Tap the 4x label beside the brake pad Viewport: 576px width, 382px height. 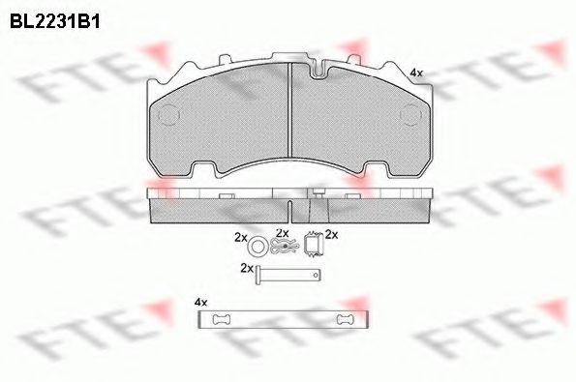(416, 73)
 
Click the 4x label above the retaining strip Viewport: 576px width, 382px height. (200, 302)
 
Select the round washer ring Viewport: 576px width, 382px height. (258, 245)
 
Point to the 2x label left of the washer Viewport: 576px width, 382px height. (240, 236)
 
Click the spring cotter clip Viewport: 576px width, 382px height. (282, 248)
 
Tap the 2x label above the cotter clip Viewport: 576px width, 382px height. (282, 233)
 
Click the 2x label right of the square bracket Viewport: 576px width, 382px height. (331, 234)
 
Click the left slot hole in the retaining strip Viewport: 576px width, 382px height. (222, 321)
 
